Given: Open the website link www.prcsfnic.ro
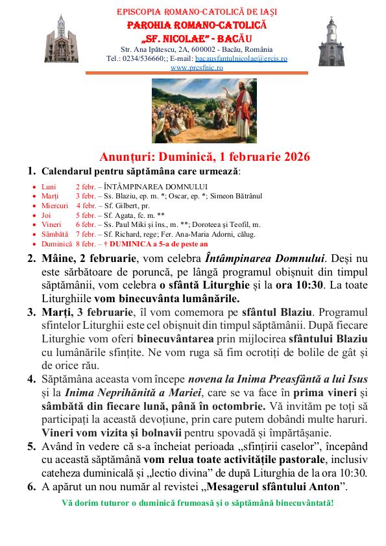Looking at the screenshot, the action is [x=197, y=67].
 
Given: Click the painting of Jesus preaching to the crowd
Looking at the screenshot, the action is [x=195, y=111].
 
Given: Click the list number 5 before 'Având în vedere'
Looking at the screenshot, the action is [x=31, y=446].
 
